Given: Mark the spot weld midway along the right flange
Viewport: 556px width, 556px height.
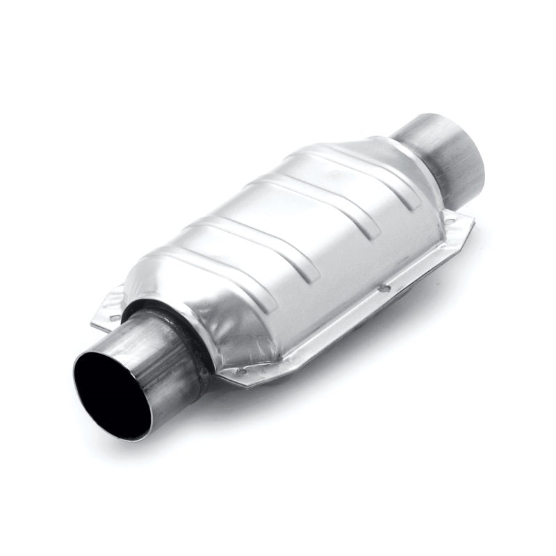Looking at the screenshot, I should (x=381, y=286).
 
